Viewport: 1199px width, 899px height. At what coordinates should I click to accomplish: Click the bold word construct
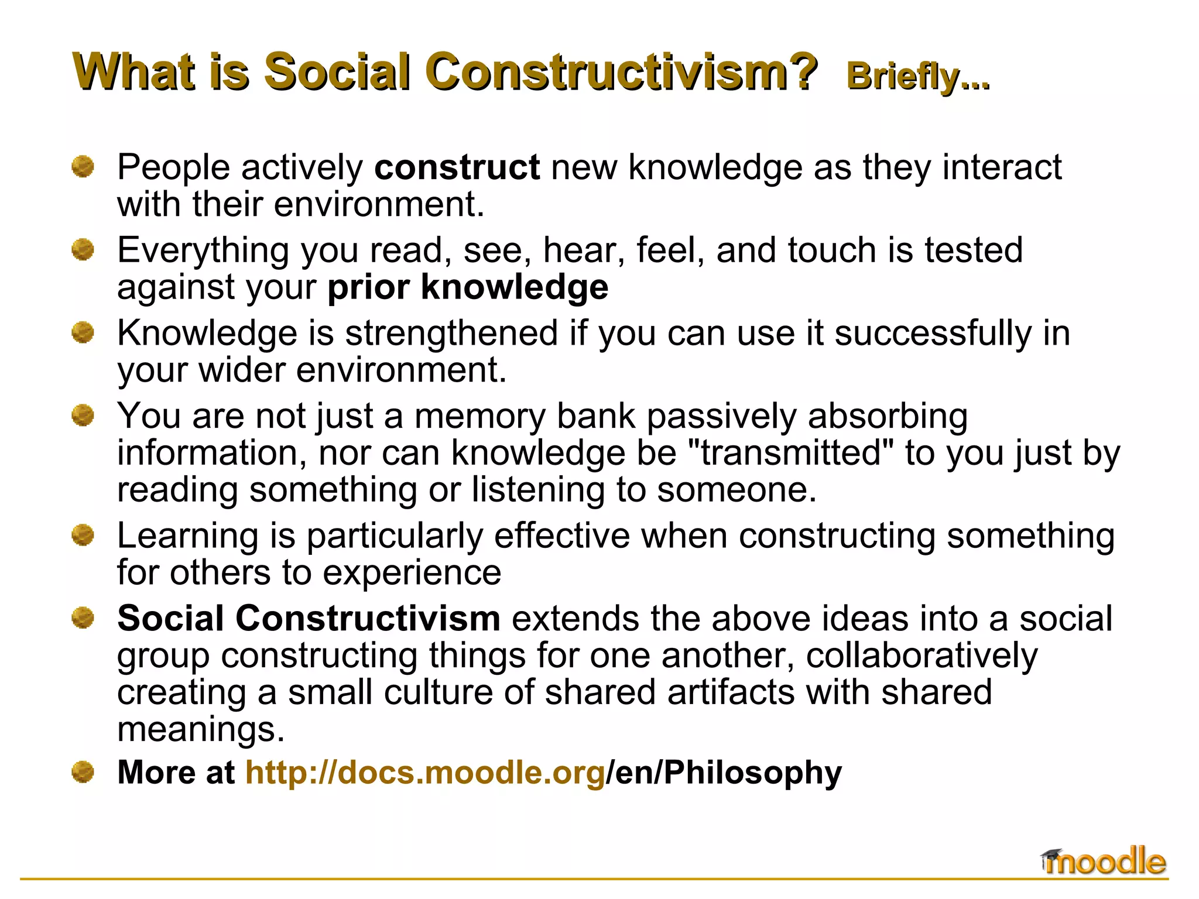(x=457, y=167)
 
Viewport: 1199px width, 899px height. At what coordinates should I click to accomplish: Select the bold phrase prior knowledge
(x=468, y=287)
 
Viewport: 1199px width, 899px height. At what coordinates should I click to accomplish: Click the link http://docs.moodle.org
(x=425, y=772)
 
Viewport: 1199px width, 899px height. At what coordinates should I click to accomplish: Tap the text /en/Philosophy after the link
(x=724, y=772)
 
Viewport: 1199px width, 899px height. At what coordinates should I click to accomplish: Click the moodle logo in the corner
(x=1104, y=862)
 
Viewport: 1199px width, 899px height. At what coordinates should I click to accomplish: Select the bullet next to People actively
(x=83, y=167)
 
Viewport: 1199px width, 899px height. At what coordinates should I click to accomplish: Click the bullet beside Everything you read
(x=83, y=250)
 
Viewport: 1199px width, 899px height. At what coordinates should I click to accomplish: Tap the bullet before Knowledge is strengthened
(x=83, y=333)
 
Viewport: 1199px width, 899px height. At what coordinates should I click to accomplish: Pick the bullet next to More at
(x=83, y=772)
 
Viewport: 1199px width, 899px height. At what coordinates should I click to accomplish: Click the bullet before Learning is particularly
(x=83, y=535)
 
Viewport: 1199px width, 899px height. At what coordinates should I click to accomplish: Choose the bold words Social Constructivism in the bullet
(x=309, y=619)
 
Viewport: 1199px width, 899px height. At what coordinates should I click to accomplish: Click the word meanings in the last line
(x=201, y=729)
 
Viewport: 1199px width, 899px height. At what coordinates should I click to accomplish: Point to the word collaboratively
(x=921, y=656)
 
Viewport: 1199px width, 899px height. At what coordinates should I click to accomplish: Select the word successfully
(x=933, y=334)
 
